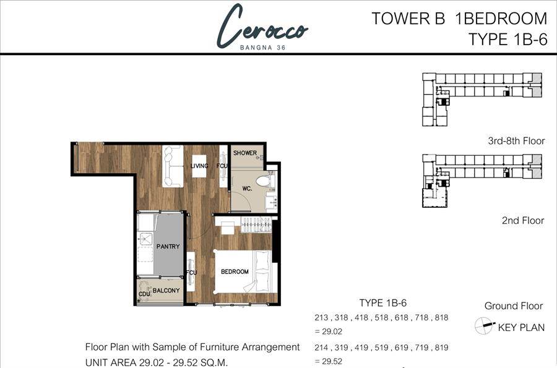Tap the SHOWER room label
(244, 153)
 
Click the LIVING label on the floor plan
(199, 166)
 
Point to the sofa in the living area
(173, 166)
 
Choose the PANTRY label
(168, 246)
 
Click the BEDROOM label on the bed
(235, 272)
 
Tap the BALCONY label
(166, 290)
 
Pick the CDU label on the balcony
(144, 294)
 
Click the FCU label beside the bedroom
(191, 273)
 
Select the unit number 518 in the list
(381, 317)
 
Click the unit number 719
(421, 348)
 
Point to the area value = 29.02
(328, 332)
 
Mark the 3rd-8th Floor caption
(516, 141)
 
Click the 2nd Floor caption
(523, 220)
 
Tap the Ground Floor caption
(514, 306)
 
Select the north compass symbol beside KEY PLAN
(484, 326)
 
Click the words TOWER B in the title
(408, 19)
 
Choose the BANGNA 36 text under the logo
(262, 48)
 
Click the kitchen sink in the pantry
(145, 239)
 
